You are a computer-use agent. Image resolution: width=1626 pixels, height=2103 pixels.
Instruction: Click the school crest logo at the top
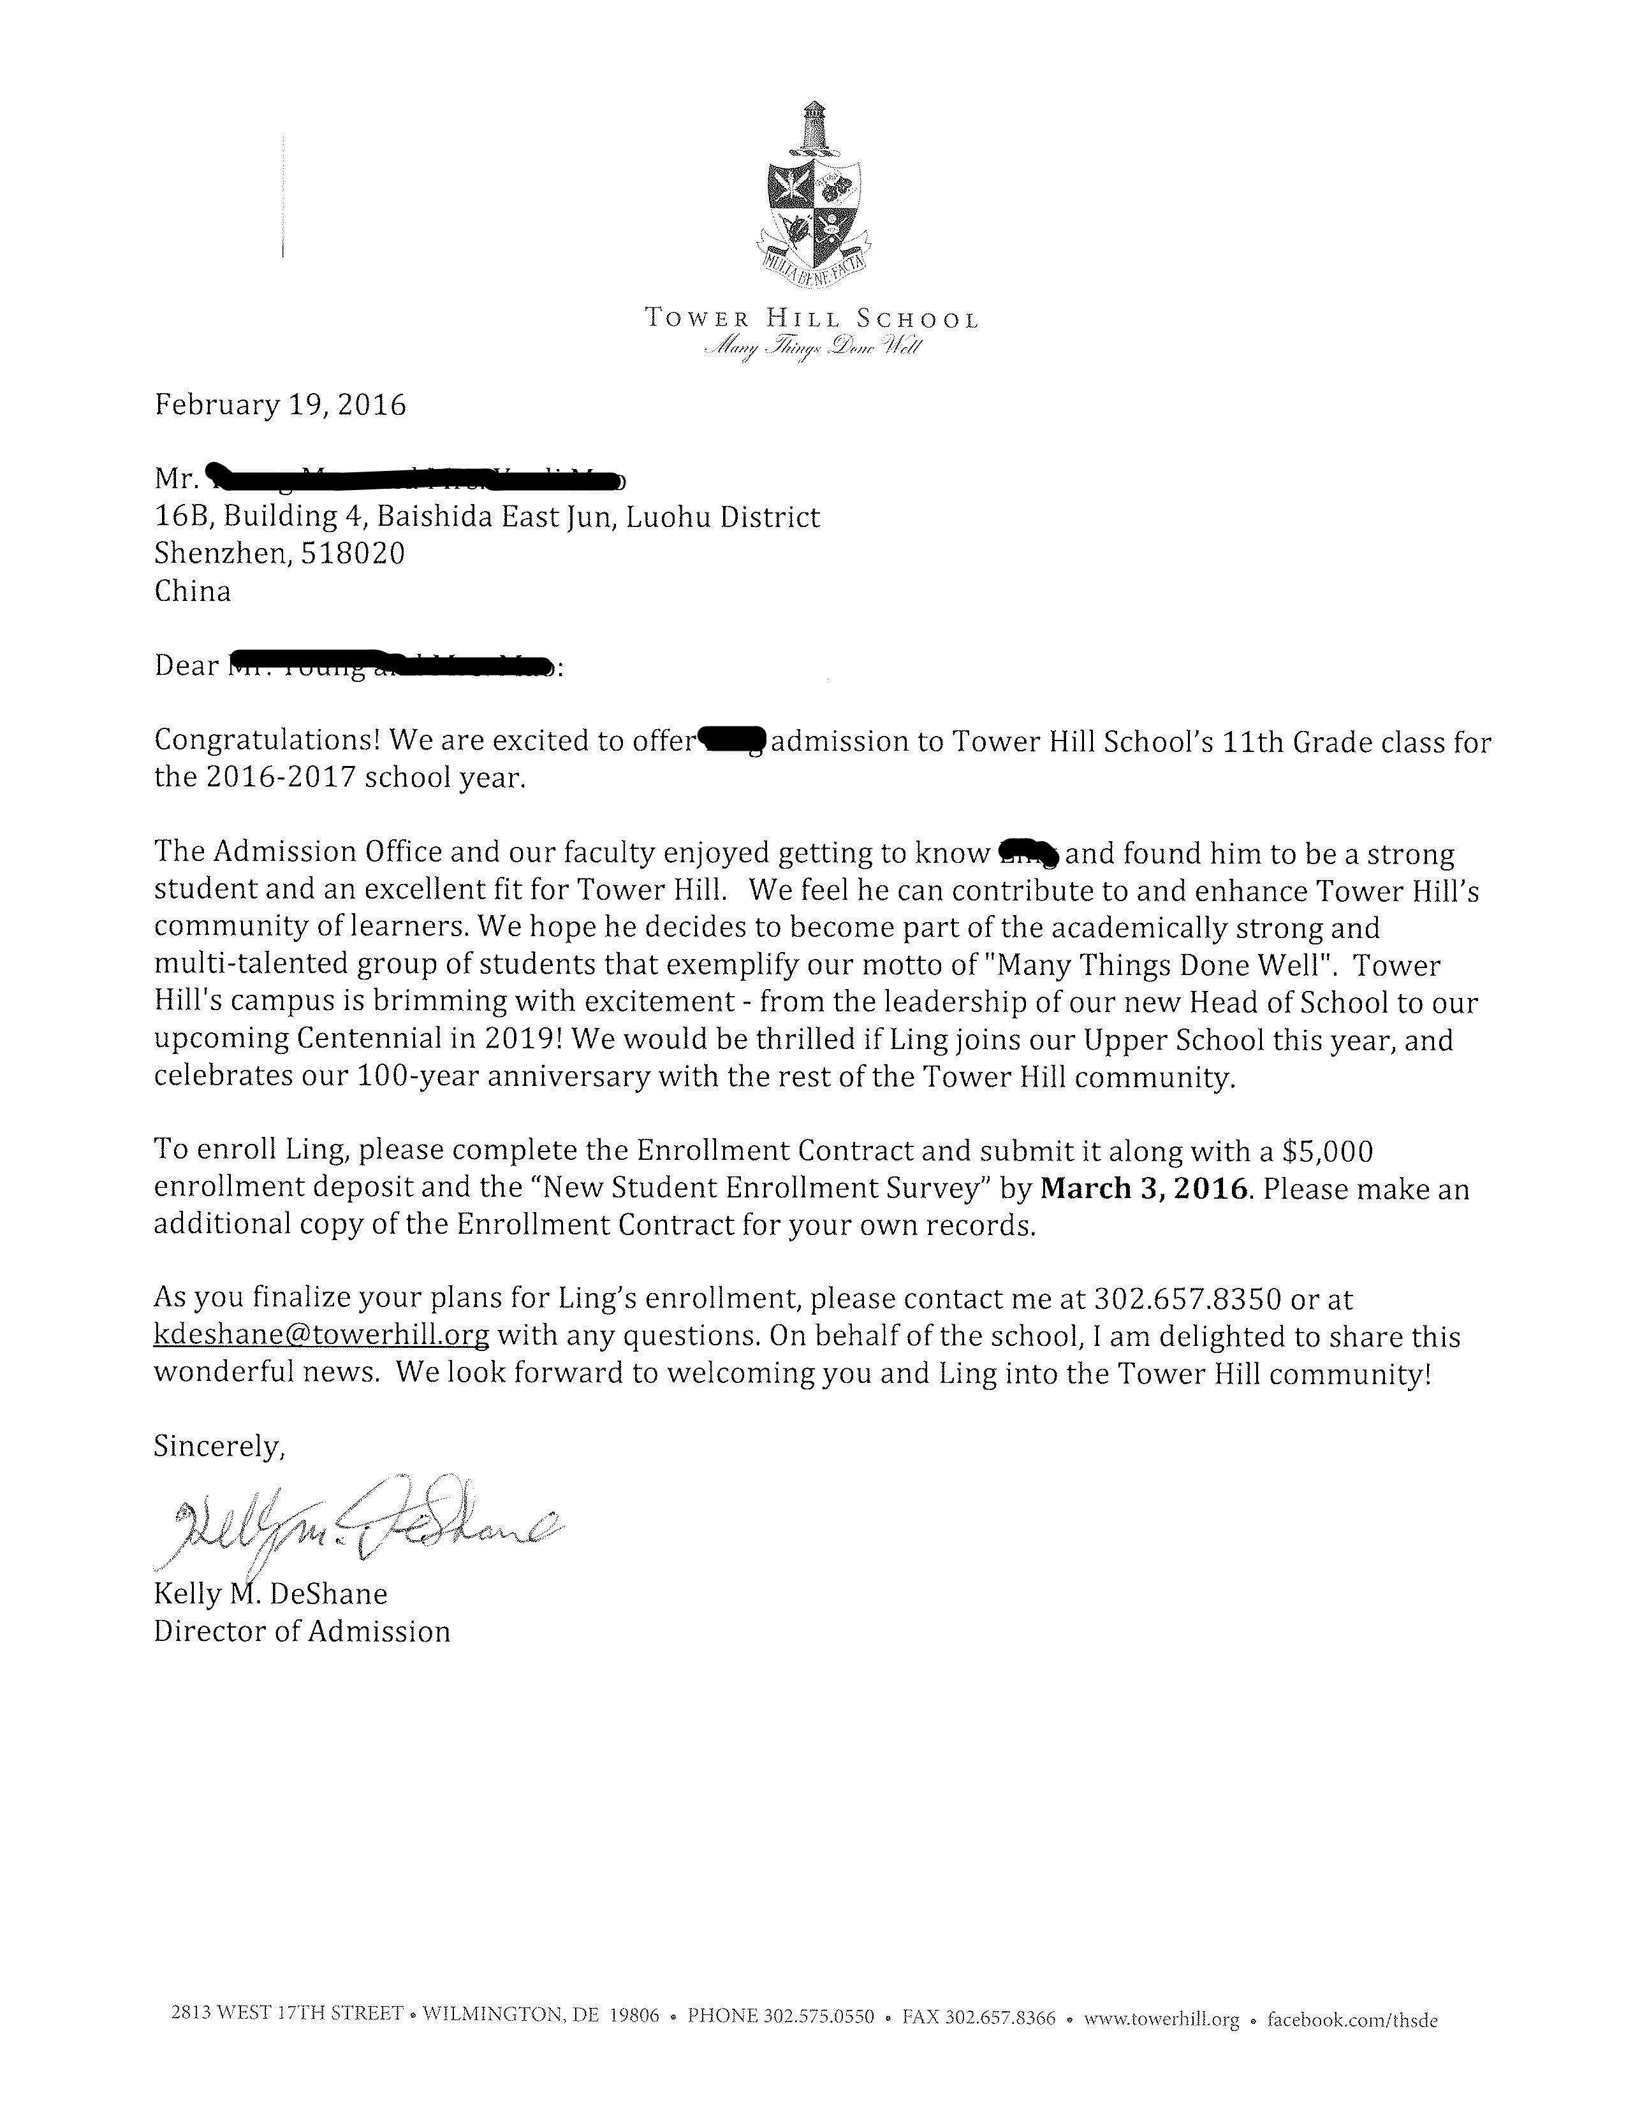pos(815,192)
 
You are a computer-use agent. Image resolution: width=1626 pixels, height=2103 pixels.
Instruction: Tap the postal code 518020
pos(353,554)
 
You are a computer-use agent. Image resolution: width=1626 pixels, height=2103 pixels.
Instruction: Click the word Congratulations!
pos(268,741)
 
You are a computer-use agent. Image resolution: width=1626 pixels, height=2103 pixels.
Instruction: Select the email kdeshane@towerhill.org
pos(321,1336)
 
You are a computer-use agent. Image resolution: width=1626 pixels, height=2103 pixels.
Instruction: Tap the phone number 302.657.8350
pos(1187,1300)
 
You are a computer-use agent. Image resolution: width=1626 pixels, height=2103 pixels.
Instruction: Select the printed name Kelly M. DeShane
pos(270,1594)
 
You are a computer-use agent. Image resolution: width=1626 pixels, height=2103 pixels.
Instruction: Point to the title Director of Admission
pos(302,1631)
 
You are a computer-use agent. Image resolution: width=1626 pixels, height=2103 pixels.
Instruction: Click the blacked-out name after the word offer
pos(732,741)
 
